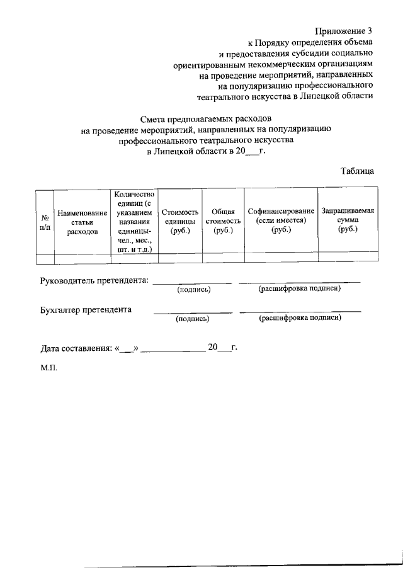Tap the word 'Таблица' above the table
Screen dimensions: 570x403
tap(358, 171)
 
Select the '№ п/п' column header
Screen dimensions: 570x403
tap(44, 222)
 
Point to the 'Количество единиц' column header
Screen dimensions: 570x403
tap(133, 222)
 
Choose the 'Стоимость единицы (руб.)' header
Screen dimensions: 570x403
tap(179, 222)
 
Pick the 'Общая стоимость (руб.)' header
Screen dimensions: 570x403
tap(223, 222)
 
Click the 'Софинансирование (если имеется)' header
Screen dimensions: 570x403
tap(281, 222)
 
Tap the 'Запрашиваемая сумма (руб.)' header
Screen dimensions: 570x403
tap(348, 221)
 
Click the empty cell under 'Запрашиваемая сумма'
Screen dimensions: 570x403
tap(348, 256)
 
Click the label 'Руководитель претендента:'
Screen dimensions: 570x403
tap(94, 280)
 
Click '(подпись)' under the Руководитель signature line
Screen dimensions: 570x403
tap(193, 289)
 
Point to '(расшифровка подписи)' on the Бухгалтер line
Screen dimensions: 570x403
tap(300, 318)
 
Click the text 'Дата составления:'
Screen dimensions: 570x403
tap(76, 347)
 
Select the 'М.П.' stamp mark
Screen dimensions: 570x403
tap(48, 367)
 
